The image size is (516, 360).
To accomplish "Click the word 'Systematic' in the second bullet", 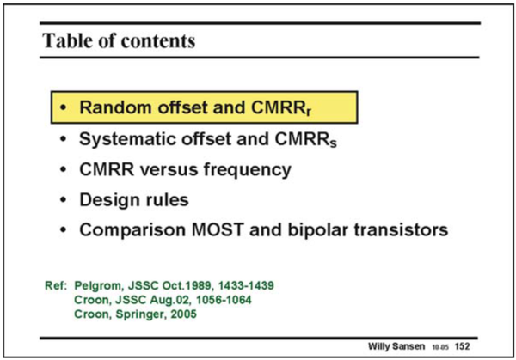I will point(126,139).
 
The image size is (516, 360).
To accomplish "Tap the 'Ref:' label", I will point(55,284).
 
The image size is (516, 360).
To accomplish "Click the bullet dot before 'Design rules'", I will point(64,200).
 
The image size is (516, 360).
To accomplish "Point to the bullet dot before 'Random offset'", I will point(64,109).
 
